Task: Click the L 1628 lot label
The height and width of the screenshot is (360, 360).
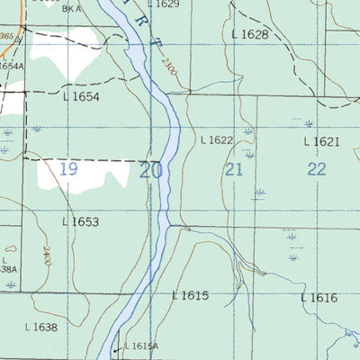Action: coord(250,34)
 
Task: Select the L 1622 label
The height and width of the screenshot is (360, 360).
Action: coord(217,140)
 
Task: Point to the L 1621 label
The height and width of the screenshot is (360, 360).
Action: coord(321,141)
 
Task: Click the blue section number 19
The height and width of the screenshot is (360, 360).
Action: coord(68,168)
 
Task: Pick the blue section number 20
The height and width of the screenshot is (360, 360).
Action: coord(151,169)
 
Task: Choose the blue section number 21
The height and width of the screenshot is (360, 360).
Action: coord(235,169)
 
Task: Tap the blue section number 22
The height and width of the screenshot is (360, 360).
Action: coord(316,169)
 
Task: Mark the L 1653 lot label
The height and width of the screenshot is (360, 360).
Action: coord(80,221)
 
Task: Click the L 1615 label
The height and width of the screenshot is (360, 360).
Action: coord(190,295)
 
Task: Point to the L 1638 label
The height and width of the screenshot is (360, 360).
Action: coord(40,328)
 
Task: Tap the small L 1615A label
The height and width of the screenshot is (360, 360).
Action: coord(140,346)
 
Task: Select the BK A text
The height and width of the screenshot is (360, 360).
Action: coord(72,7)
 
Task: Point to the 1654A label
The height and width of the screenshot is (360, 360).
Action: coord(11,66)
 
